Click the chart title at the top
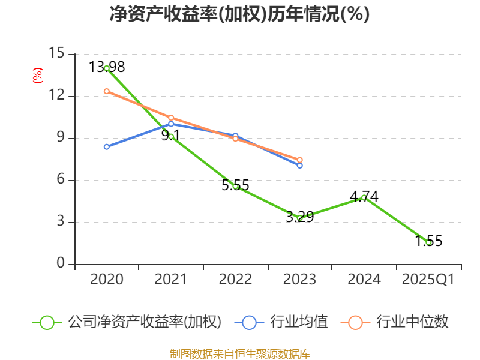coord(239,14)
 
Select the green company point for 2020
coord(107,68)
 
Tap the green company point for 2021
coord(171,137)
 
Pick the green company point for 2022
coord(235,187)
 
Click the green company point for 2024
coord(364,197)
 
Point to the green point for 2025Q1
coord(428,242)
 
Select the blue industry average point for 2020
coord(107,146)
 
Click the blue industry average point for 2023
coord(299,165)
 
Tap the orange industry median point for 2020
coord(107,91)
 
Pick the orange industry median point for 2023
coord(299,160)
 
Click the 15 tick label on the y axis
coord(56,54)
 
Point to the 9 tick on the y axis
coord(60,138)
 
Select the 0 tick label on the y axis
coord(61,264)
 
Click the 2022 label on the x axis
coord(235,280)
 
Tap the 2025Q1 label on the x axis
coord(428,280)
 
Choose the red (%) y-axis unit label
coord(37,76)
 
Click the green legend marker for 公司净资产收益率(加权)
coord(47,322)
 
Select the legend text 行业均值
coord(299,322)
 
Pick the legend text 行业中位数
coord(412,322)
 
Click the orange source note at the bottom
coord(239,353)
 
